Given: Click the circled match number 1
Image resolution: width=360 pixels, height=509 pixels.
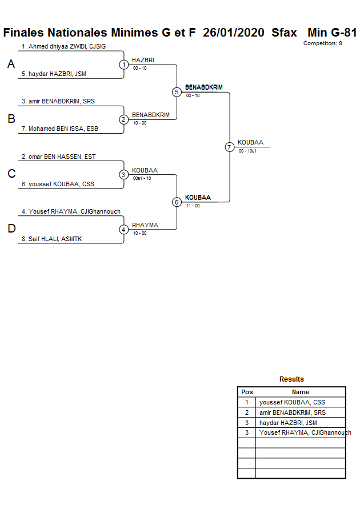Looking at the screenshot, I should point(124,65).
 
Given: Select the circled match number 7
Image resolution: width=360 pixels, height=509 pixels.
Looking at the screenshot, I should point(229,147).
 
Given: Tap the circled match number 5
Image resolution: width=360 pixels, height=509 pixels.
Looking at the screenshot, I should point(177,92).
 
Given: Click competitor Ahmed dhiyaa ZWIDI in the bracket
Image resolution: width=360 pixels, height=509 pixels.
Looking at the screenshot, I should point(71,46).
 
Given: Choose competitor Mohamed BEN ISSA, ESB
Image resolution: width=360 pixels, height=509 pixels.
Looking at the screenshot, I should point(63,129).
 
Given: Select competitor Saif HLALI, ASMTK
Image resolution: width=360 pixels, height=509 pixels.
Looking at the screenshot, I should point(55,239).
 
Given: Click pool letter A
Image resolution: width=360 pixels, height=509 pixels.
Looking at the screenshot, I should point(11,65).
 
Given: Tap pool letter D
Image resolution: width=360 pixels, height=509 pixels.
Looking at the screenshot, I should point(11,229).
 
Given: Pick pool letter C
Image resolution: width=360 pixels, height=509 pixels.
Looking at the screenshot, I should point(11,174).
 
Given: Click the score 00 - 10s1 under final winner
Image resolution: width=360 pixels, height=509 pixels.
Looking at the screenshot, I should point(247,151).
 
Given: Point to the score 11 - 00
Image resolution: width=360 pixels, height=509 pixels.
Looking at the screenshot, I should point(193,206).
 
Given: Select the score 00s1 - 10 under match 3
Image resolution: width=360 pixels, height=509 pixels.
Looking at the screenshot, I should point(142,178).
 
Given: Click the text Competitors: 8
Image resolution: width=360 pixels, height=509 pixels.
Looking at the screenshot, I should point(322,43).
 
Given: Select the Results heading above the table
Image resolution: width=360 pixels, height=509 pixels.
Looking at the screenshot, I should point(291,379).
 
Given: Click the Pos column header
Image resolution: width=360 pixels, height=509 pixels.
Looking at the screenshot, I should point(247,392).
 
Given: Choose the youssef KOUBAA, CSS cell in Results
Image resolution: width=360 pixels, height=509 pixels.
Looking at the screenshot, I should point(292,402).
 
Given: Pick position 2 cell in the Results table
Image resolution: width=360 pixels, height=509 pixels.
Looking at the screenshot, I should point(247,412).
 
